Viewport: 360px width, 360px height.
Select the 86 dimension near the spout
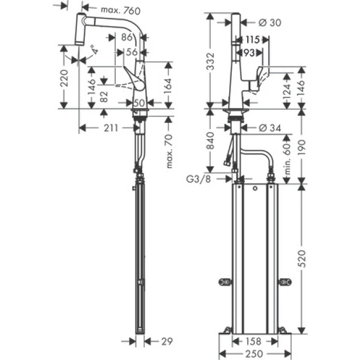127,37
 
